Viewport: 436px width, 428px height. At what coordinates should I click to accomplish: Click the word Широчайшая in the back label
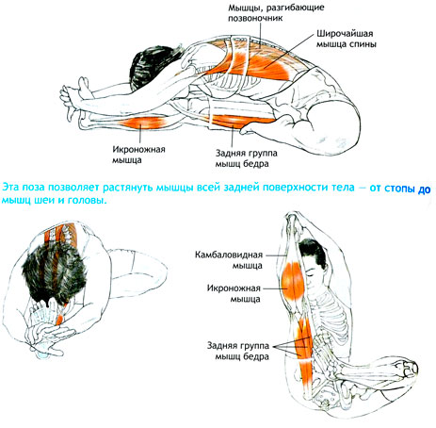click(345, 33)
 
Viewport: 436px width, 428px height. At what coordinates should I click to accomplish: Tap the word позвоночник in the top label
click(255, 18)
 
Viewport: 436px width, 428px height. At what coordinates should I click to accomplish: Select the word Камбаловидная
click(229, 255)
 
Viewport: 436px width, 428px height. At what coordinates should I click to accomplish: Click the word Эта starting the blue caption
click(10, 188)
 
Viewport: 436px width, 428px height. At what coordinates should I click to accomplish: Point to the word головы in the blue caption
click(87, 201)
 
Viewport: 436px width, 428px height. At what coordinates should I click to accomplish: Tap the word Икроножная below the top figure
click(138, 149)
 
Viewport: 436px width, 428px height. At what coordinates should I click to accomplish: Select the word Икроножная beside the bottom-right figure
click(234, 288)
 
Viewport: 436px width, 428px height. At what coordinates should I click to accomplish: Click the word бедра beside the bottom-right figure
click(256, 357)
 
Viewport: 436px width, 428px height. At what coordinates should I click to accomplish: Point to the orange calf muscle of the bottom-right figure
click(293, 280)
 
